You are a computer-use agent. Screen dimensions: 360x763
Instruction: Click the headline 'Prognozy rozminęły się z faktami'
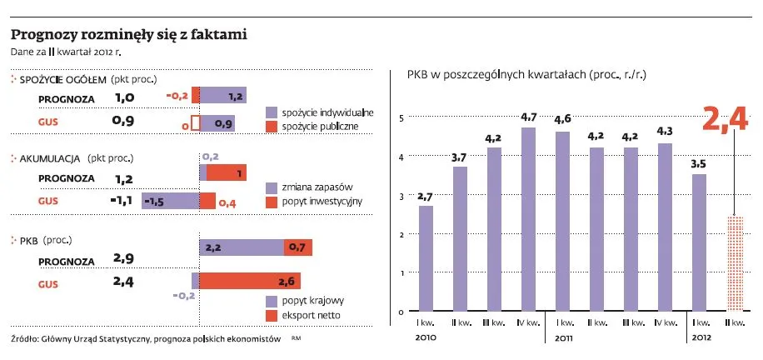pyautogui.click(x=128, y=35)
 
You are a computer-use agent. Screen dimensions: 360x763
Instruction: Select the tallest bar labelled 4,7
pyautogui.click(x=528, y=219)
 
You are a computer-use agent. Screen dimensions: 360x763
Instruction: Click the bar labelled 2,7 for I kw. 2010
pyautogui.click(x=426, y=258)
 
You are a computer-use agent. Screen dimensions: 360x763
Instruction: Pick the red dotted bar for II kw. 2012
pyautogui.click(x=733, y=264)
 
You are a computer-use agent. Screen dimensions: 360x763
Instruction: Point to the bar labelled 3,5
pyautogui.click(x=699, y=242)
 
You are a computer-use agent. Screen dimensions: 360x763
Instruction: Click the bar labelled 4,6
pyautogui.click(x=562, y=222)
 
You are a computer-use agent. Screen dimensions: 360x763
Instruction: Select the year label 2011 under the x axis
pyautogui.click(x=563, y=337)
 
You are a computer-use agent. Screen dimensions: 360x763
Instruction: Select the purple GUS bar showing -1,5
pyautogui.click(x=170, y=201)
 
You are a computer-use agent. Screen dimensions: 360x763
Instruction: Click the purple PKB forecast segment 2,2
pyautogui.click(x=242, y=247)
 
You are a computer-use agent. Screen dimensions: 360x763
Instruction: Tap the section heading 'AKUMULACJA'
pyautogui.click(x=49, y=157)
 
